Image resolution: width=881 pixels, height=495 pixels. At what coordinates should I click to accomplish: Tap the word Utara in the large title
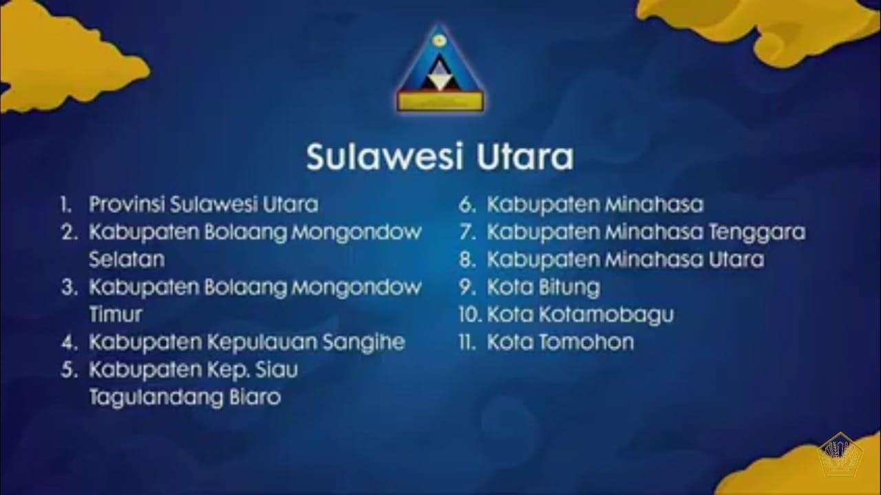pos(525,157)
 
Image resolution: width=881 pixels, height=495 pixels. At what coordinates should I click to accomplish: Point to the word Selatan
pos(127,259)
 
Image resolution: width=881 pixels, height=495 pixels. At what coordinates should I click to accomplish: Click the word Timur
pos(116,314)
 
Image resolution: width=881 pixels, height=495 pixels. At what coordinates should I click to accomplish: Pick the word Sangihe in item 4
pos(364,342)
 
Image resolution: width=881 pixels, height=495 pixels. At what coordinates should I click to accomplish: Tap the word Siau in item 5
pos(277,370)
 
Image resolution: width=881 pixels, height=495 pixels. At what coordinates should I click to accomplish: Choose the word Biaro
pos(255,397)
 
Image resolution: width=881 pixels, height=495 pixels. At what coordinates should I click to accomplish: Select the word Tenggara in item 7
pos(758,232)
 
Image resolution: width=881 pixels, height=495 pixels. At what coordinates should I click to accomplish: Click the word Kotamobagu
pos(606,315)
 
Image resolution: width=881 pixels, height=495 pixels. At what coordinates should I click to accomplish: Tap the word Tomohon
pos(586,342)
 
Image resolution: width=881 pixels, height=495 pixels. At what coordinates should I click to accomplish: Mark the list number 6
pos(467,205)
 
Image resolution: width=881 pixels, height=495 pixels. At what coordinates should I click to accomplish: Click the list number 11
pos(467,342)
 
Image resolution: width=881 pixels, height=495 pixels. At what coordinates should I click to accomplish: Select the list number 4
pos(70,342)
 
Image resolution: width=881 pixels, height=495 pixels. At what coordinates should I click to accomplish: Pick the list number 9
pos(467,287)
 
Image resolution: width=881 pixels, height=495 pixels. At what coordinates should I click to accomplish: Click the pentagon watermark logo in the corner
pos(840,455)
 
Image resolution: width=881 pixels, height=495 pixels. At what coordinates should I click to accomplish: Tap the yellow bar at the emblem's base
pos(440,102)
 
